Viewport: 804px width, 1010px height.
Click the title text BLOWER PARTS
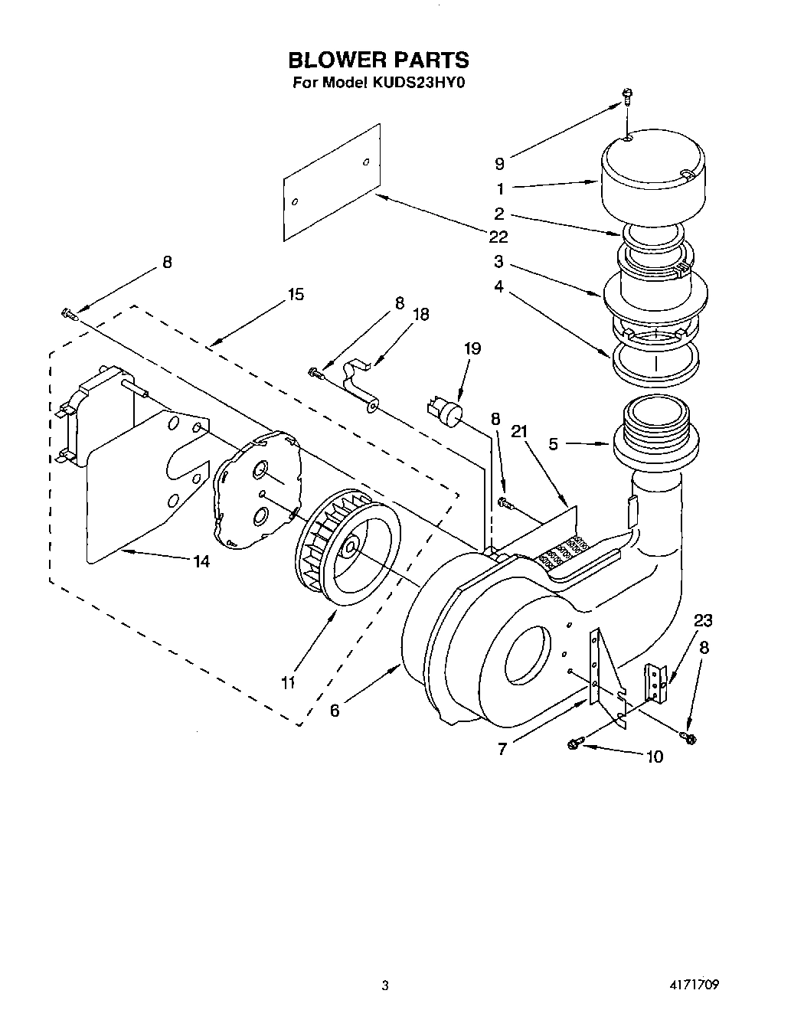coord(377,60)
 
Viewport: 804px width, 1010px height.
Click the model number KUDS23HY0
coord(413,83)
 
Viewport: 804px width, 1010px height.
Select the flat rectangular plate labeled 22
coord(332,181)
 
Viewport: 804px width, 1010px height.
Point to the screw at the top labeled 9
coord(626,96)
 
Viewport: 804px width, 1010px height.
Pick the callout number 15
coord(296,294)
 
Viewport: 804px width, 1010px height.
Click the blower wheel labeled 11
coord(346,545)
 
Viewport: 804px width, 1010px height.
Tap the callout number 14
coord(201,561)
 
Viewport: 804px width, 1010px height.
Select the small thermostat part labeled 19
coord(446,410)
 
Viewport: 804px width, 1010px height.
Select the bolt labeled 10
coord(574,744)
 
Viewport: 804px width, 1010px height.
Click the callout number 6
coord(335,710)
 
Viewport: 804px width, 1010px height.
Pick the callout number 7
coord(502,748)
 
